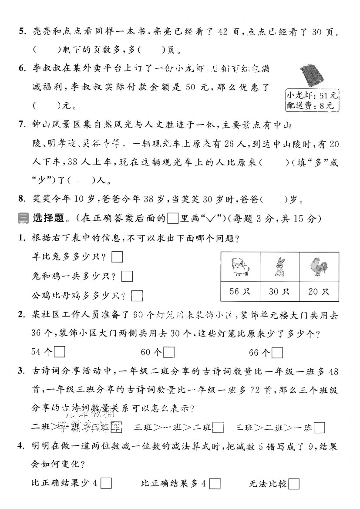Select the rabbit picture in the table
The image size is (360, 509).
[279, 267]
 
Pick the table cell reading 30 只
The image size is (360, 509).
[279, 291]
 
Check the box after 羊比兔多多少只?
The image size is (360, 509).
[117, 257]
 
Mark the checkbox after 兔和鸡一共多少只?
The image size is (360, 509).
[127, 276]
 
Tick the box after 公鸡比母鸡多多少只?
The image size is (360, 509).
[137, 296]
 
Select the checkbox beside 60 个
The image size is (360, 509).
[169, 352]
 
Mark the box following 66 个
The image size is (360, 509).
[277, 352]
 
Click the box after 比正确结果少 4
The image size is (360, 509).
[107, 484]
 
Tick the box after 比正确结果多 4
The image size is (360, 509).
[215, 484]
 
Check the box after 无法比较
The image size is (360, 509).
[294, 484]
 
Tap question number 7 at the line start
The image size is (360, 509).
[22, 125]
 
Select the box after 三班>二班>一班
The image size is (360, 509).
[320, 428]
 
